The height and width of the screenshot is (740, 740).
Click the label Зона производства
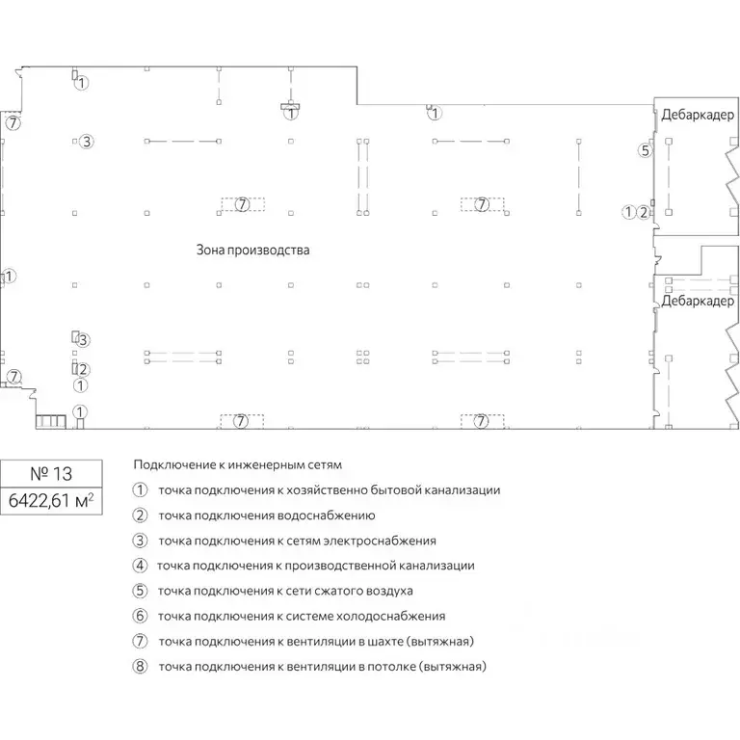(253, 250)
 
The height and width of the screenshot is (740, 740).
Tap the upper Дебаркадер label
(698, 115)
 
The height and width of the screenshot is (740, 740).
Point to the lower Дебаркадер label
(698, 301)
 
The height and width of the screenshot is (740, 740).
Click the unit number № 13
(51, 473)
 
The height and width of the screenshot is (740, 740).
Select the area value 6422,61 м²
(51, 500)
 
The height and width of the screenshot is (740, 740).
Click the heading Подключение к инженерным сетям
(238, 464)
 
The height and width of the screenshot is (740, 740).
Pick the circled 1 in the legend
(140, 489)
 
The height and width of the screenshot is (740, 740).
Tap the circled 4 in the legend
(140, 566)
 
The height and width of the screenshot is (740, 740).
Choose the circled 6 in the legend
(140, 616)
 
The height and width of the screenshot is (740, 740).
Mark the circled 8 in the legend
(140, 667)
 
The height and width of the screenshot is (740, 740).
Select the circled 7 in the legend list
(140, 641)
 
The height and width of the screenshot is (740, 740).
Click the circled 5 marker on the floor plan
(646, 150)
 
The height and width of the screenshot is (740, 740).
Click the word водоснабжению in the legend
(326, 515)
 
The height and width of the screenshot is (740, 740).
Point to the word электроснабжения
(380, 541)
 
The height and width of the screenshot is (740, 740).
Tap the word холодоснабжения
(392, 617)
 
